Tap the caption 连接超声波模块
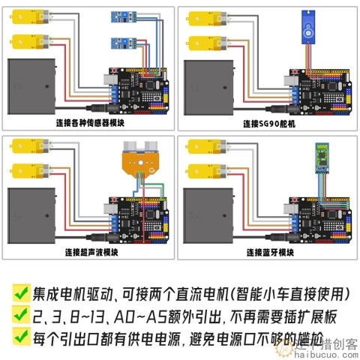pyautogui.click(x=90, y=251)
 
